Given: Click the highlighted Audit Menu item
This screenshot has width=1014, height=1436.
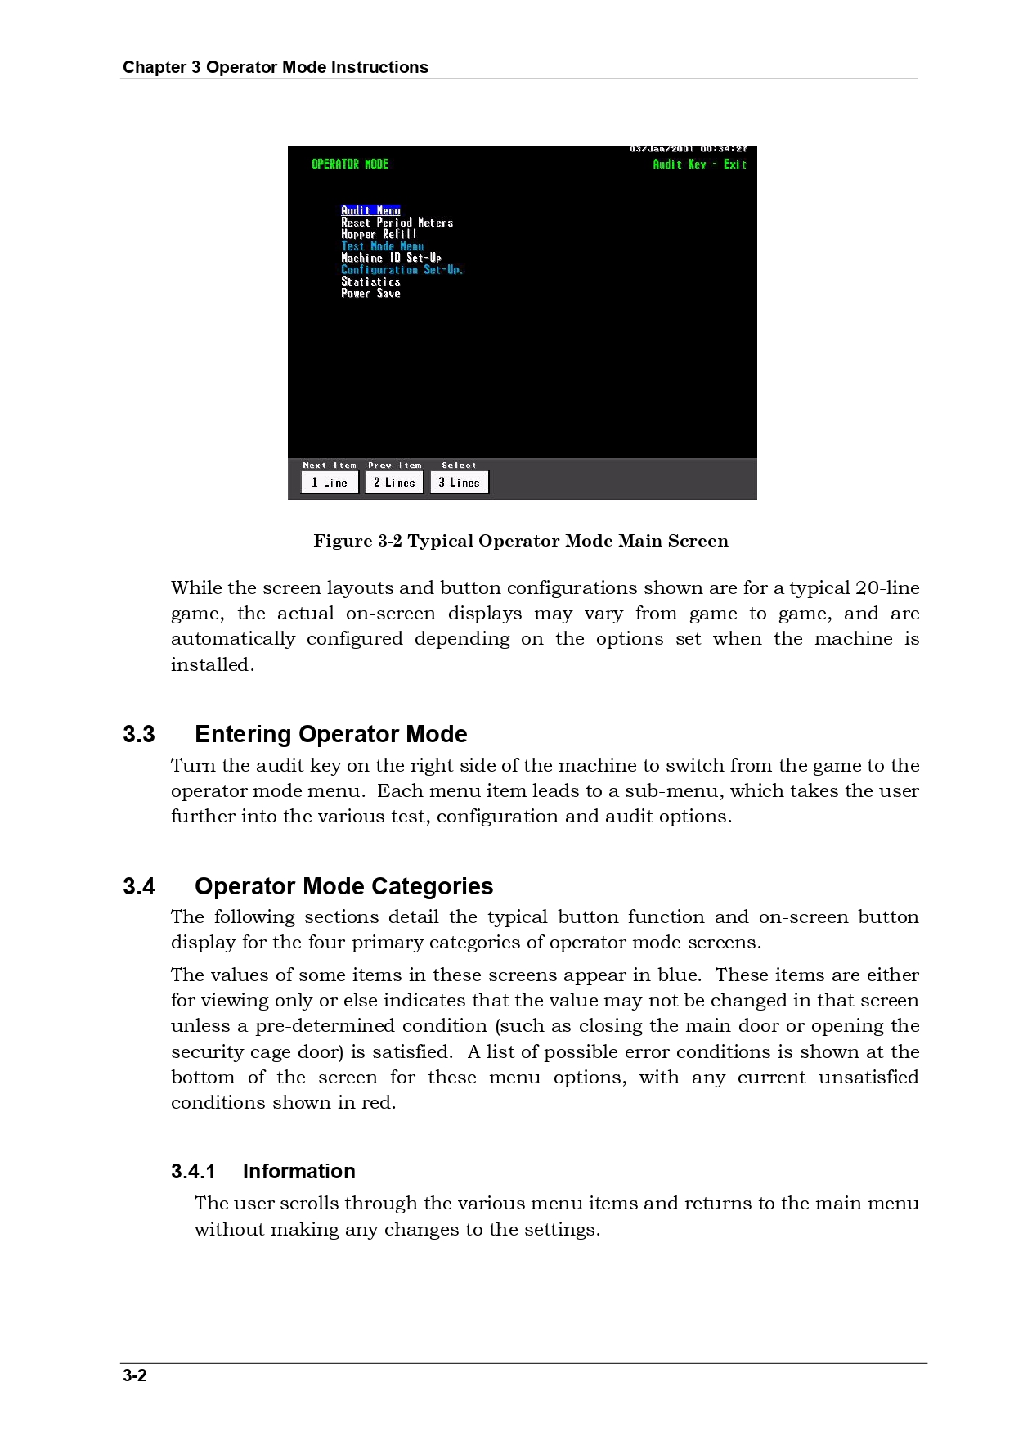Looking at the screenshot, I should pos(370,210).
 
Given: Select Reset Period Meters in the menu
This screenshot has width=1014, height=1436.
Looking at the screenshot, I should pos(397,223).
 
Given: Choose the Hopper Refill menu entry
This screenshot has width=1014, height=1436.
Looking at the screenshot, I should pos(379,234).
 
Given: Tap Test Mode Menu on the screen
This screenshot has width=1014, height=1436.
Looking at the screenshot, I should pos(382,246).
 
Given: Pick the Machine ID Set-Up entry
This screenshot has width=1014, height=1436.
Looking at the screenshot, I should pos(391,258).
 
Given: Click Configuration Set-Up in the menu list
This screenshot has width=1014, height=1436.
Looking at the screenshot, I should pos(402,270).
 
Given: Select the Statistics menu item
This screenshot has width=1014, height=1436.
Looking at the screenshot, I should pos(370,281).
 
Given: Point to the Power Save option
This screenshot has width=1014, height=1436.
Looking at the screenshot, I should pos(370,294).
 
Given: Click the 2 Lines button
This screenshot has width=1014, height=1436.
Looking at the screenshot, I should pos(394,483).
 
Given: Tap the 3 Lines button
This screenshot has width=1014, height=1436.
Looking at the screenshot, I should pos(460,483).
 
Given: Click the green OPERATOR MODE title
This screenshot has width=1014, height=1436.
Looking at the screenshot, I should pos(350,164).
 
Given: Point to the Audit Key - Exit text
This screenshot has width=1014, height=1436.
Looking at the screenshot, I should pos(699,164).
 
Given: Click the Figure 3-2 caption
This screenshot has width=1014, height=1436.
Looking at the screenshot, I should pos(521,541).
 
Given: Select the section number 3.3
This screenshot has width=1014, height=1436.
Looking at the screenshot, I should pos(139,734).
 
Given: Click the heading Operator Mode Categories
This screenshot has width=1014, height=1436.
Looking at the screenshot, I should pos(343,886).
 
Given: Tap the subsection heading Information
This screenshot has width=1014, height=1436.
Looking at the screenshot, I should pos(298,1171).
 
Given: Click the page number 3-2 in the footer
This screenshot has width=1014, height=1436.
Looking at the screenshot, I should pos(135,1375).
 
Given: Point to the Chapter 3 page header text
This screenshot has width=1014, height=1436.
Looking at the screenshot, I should pos(276,67).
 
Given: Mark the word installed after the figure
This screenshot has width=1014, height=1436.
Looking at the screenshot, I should pos(212,664).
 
